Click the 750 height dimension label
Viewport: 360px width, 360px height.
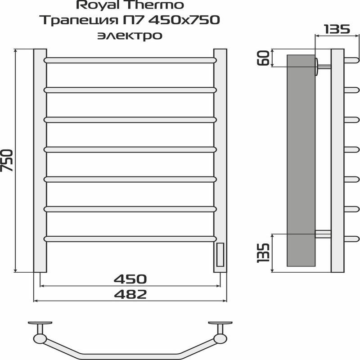[x=8, y=160]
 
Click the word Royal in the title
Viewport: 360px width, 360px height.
[x=95, y=6]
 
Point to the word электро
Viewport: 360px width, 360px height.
[x=130, y=36]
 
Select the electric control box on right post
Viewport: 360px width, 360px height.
[x=220, y=254]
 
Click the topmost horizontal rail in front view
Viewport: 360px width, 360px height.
[x=130, y=59]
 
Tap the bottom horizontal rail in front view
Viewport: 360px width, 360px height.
[x=130, y=238]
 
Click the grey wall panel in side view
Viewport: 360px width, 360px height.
[x=300, y=160]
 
